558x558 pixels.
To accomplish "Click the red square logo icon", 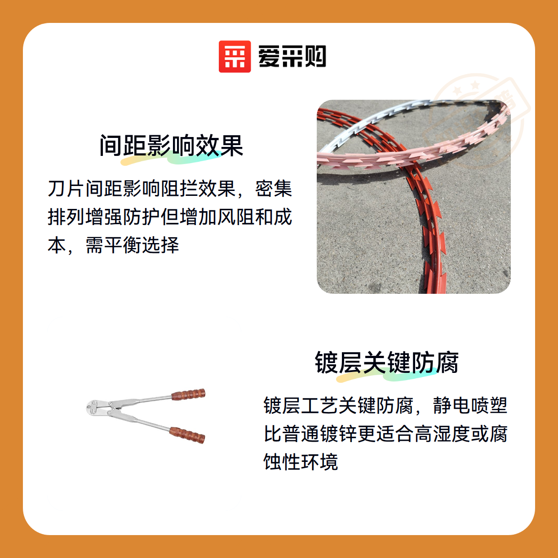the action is click(x=235, y=57).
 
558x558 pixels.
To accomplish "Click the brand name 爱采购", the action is click(x=292, y=57).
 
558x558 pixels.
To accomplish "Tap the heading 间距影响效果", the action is click(x=171, y=146).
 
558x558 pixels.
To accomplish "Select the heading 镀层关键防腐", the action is click(x=386, y=362).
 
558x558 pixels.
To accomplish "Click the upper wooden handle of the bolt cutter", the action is click(x=189, y=394).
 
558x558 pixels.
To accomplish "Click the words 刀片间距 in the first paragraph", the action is click(x=85, y=189).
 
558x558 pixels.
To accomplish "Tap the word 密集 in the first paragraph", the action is click(x=273, y=189).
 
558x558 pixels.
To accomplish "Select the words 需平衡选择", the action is click(x=133, y=245).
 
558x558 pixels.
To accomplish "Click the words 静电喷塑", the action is click(x=470, y=405).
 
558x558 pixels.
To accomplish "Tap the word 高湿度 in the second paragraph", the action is click(x=442, y=434).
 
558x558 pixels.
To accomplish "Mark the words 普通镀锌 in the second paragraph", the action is click(x=319, y=434).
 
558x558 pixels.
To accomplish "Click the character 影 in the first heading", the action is click(x=159, y=146).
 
